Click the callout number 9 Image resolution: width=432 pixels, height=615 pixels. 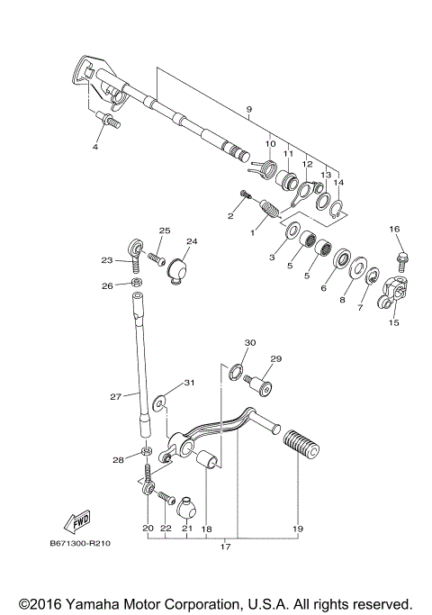point(248,110)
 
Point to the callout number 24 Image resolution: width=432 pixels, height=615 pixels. point(191,241)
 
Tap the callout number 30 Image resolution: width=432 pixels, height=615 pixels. point(250,343)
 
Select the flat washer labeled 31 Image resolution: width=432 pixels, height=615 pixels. point(159,398)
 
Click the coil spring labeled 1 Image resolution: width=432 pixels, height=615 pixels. point(269,215)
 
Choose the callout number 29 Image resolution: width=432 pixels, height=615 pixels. point(276,358)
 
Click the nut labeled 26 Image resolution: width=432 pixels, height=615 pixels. point(134,285)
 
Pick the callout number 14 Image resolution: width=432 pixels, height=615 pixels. point(338,182)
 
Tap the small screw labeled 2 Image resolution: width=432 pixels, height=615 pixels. point(244,195)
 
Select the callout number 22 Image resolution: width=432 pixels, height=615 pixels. point(166,529)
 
